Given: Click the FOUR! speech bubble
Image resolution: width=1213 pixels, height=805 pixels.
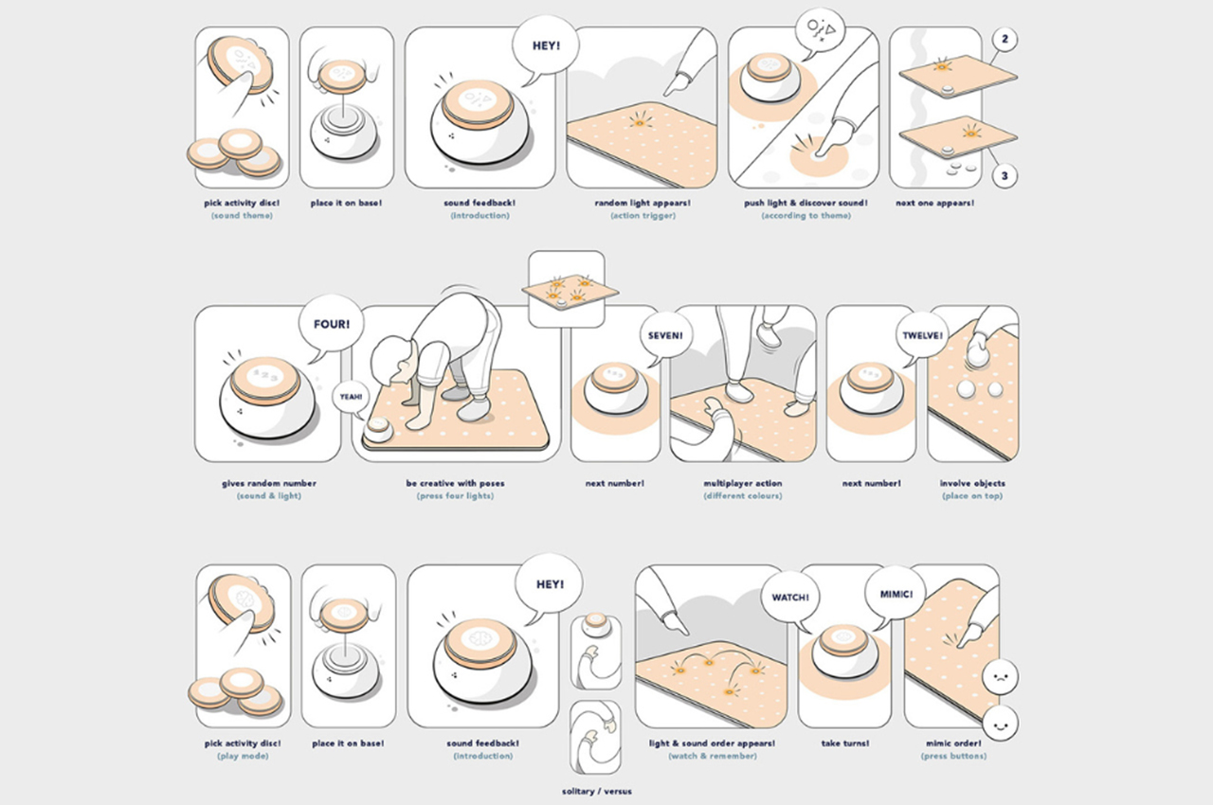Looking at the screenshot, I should point(332,324).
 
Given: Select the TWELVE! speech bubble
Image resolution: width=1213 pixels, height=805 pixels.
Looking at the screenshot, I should point(922,334).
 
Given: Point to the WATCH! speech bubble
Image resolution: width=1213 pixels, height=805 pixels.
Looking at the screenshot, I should point(788,598).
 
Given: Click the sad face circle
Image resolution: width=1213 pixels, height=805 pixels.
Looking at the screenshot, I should point(999,677).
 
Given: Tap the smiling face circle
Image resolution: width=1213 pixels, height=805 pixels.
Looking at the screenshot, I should point(999,724).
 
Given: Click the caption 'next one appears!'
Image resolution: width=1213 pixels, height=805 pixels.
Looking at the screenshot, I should point(934,203).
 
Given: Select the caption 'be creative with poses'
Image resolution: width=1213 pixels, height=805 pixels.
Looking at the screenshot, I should point(455,483).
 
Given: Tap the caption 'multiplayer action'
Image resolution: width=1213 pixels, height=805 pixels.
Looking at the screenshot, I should point(742,483).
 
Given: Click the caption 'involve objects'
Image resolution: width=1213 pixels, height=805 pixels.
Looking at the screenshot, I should point(972,483).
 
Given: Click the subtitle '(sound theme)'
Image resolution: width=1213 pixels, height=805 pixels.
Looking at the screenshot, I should point(242,215).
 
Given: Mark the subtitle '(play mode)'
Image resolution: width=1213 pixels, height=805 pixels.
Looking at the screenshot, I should point(242,756).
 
